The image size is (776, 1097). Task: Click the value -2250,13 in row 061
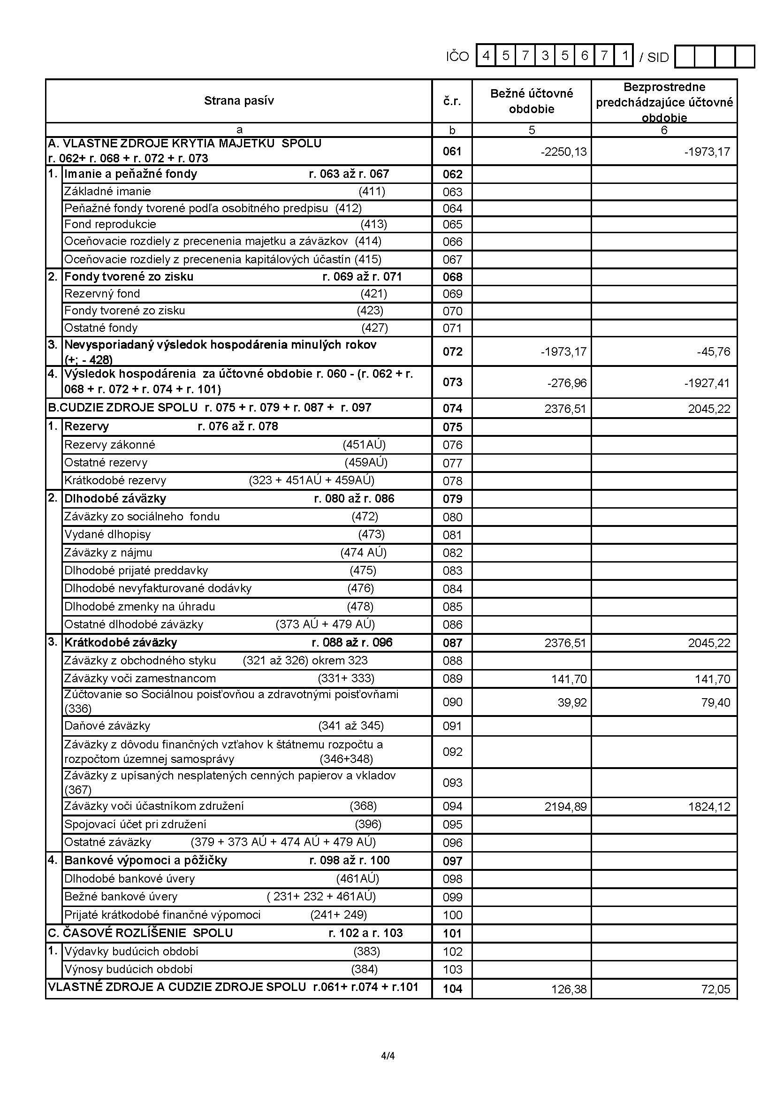563,152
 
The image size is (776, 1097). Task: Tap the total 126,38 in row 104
569,989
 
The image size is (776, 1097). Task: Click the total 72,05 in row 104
716,989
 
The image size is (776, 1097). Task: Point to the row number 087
452,643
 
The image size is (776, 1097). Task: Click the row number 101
452,933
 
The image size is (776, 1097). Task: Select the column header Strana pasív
239,101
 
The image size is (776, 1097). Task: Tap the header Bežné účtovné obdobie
532,101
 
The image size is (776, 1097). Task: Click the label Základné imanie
107,191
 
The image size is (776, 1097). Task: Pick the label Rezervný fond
102,293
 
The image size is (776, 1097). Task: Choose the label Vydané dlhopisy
107,534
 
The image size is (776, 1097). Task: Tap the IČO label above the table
457,57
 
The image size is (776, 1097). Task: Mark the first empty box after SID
685,57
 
